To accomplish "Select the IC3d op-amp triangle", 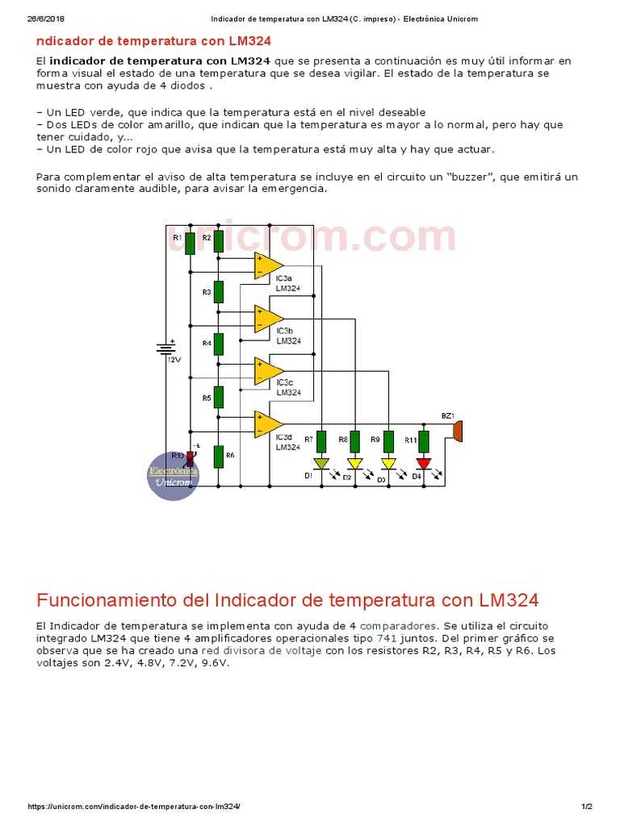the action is (x=267, y=423).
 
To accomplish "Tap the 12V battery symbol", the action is (x=166, y=348).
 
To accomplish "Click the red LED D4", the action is (x=423, y=464).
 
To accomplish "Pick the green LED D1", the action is (x=321, y=464).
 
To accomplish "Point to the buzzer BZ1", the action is (x=457, y=430).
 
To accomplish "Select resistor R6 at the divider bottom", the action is (x=218, y=457).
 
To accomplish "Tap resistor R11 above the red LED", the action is (x=423, y=441).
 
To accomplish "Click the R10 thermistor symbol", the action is (x=191, y=458).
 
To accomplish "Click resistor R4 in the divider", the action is (x=218, y=344).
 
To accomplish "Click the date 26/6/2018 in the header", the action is (x=46, y=19).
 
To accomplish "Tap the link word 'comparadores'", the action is (x=400, y=625).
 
